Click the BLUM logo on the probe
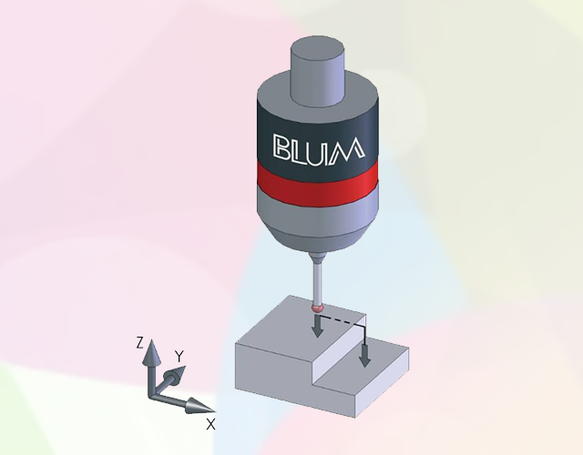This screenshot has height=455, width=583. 319,150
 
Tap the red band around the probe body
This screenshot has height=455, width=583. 318,185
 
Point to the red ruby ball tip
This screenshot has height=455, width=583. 317,308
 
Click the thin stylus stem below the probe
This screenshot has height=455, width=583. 317,283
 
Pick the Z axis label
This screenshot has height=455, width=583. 139,342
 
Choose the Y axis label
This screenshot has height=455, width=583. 179,357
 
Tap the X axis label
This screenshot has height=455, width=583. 210,424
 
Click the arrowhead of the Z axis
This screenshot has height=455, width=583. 151,352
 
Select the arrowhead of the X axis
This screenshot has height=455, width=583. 199,406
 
